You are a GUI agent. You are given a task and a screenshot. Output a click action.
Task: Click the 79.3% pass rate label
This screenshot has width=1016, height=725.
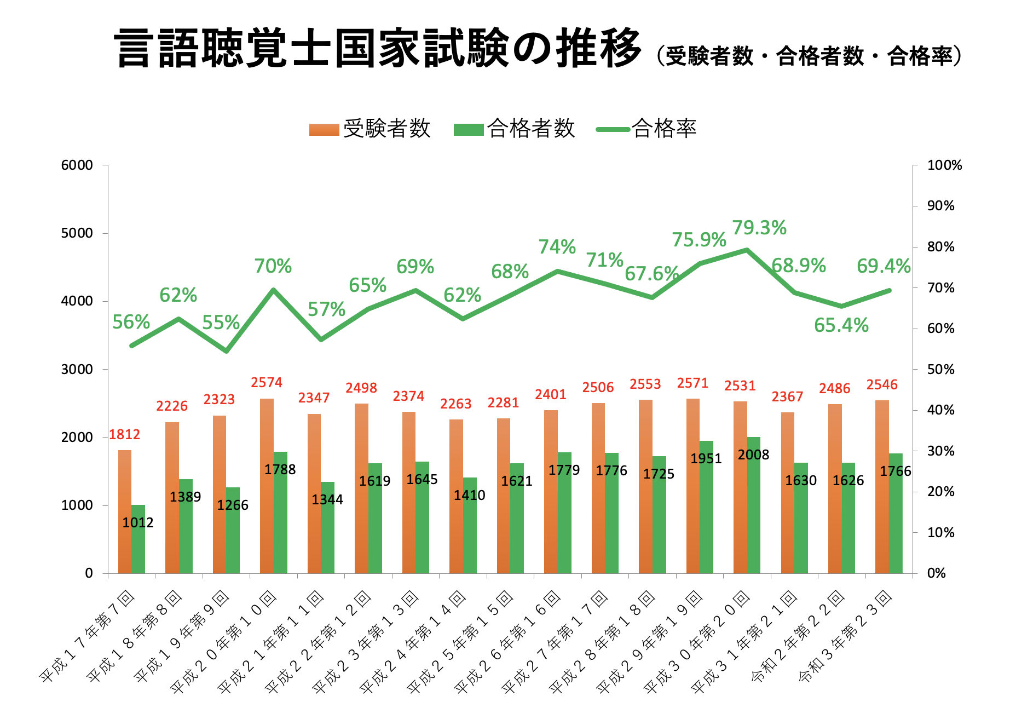[759, 228]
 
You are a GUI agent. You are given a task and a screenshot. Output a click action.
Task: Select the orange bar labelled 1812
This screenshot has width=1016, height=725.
[125, 511]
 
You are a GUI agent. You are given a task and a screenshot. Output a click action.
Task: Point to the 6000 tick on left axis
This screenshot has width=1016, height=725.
[77, 165]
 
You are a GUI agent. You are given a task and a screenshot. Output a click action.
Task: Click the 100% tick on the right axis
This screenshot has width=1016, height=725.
[944, 165]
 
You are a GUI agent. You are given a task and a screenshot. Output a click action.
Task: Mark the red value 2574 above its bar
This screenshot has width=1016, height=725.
[267, 383]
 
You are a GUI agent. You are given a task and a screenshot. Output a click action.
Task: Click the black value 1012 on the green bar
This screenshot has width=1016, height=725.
[138, 523]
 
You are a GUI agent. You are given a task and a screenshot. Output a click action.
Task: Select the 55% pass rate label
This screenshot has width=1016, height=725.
[221, 323]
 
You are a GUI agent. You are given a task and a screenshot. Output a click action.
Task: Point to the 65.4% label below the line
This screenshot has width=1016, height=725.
[841, 325]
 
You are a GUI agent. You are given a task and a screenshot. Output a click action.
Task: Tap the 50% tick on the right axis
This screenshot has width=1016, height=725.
[940, 370]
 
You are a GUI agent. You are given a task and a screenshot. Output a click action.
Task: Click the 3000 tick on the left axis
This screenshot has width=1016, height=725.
[77, 370]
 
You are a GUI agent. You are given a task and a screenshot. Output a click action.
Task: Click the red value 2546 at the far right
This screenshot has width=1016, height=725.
[882, 385]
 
